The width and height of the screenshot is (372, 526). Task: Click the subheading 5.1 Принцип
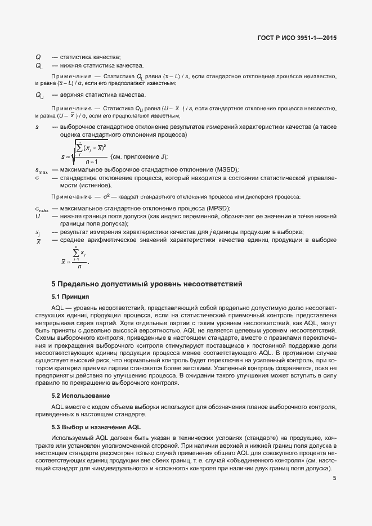(x=70, y=296)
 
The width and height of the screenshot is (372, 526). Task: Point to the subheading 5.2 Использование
(x=80, y=395)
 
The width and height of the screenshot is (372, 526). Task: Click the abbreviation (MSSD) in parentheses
(x=208, y=169)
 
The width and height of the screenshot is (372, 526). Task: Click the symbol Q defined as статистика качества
(x=38, y=56)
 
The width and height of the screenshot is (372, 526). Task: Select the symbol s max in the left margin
(x=41, y=170)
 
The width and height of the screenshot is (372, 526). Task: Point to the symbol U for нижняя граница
(x=38, y=216)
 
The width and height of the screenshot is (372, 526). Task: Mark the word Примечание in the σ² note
(x=71, y=197)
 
